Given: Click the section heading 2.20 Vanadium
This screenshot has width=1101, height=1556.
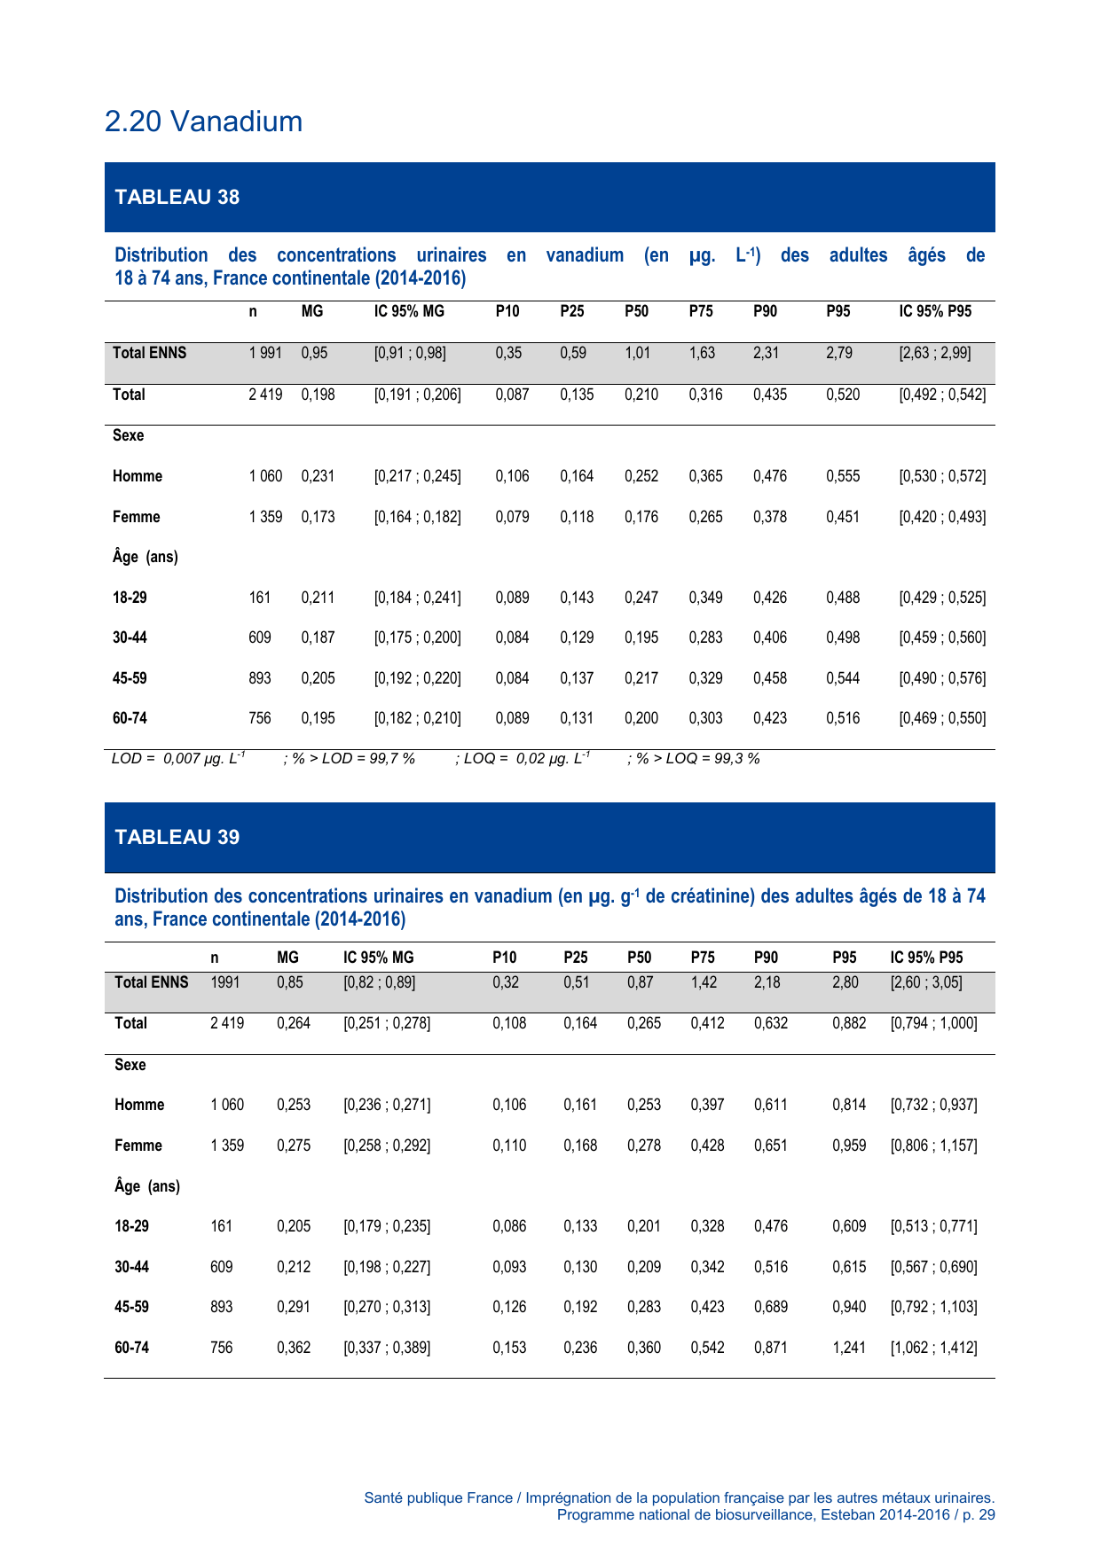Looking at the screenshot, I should [x=203, y=121].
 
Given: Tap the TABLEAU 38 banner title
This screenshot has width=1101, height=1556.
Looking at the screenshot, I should [x=177, y=197].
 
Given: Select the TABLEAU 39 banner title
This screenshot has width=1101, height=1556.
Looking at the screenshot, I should [x=177, y=837].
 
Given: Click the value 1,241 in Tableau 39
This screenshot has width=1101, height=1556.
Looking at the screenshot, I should [x=848, y=1348].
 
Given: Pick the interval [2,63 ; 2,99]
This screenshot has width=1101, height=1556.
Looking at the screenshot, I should [x=935, y=353].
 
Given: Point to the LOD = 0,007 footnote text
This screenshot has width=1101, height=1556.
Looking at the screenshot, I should [x=178, y=759].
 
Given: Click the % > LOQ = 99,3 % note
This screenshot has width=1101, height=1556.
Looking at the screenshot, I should [x=694, y=759].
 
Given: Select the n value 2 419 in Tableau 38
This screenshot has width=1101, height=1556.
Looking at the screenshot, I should [x=265, y=395].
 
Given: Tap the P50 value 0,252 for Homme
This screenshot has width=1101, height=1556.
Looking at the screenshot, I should [x=641, y=476].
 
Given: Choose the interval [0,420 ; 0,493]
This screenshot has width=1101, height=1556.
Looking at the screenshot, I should [x=942, y=517].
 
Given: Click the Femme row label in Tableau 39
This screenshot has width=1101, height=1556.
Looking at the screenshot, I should [x=138, y=1145].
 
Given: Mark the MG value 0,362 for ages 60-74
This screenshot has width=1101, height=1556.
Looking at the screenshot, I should [x=294, y=1348].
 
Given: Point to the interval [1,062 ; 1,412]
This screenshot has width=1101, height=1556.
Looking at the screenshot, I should [x=933, y=1348].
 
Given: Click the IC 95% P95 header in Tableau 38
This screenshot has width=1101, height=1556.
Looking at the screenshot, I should [x=935, y=311].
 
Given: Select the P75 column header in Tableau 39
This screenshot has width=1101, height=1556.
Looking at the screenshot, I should [x=703, y=958].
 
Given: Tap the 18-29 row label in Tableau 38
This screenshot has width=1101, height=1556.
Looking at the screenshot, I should [x=130, y=598].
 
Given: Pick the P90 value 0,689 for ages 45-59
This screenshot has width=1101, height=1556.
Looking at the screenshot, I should [x=771, y=1307].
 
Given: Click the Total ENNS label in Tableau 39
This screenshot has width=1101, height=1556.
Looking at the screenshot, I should [x=152, y=982].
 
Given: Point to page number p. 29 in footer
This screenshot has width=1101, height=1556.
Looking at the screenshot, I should [x=978, y=1514].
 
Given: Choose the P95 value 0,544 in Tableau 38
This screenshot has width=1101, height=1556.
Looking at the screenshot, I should [x=843, y=678].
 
